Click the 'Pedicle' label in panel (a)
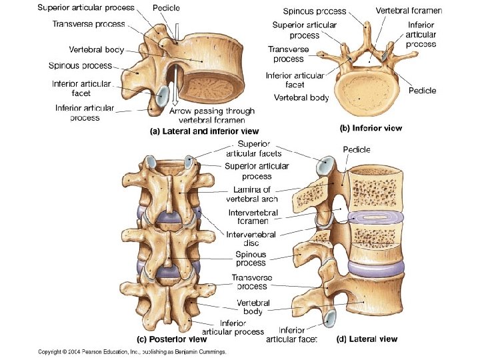tap(165, 7)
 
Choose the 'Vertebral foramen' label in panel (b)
tap(409, 11)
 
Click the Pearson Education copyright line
tap(132, 351)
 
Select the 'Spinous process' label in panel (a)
tap(80, 66)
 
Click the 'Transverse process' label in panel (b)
tap(287, 54)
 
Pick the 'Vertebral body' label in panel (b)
tap(301, 97)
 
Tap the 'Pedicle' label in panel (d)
tap(357, 150)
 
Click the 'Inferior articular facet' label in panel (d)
tap(292, 335)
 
